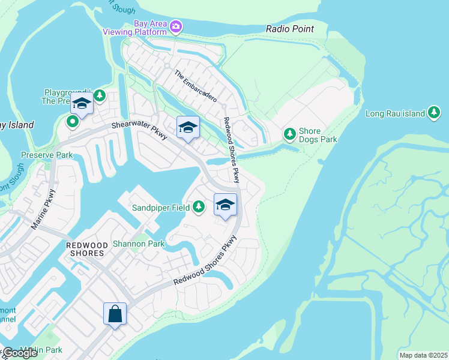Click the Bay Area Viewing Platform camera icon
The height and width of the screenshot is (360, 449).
176,26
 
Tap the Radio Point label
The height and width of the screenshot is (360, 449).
290,29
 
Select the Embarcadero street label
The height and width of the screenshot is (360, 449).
196,86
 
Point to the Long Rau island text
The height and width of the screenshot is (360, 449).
395,113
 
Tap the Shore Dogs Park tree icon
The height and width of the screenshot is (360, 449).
290,133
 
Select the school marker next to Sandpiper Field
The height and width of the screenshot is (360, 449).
225,205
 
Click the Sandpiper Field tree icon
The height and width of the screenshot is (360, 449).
199,208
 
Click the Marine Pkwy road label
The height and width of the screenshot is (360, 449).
43,209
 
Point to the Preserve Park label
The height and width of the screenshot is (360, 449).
46,155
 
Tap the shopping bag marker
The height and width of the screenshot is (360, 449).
115,314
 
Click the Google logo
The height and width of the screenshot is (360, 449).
20,352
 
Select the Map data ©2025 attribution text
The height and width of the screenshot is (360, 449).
423,355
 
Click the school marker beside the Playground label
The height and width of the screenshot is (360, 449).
82,104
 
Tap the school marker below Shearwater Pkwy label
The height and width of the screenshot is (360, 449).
188,127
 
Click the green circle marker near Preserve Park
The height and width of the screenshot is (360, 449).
73,122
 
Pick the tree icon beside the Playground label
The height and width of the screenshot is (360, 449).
100,95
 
